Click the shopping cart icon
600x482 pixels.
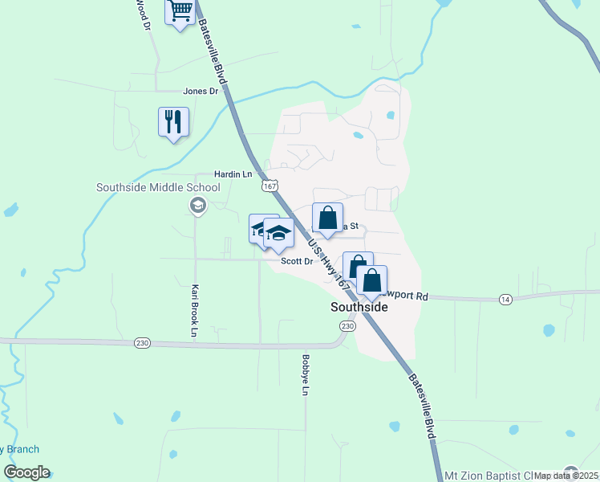tap(180, 11)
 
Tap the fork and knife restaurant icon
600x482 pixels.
tap(173, 121)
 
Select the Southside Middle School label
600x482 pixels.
tap(158, 188)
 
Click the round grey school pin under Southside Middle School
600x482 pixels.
tap(197, 206)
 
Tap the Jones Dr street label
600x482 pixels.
tap(201, 92)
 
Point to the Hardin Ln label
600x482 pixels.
tap(233, 174)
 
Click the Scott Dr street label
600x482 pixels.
tap(296, 261)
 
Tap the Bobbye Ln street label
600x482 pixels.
tap(305, 375)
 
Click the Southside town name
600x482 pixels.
tap(359, 308)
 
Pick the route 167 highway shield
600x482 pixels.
tap(270, 186)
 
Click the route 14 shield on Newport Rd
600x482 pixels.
tap(505, 299)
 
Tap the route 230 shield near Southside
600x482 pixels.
tap(347, 326)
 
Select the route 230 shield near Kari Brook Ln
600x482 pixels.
tap(142, 343)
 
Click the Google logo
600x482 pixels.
tap(26, 472)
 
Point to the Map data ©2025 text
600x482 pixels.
tap(566, 476)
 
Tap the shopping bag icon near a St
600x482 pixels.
tap(327, 218)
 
